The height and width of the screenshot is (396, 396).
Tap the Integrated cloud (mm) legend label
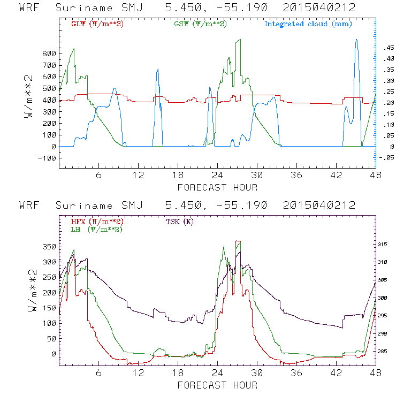(308, 24)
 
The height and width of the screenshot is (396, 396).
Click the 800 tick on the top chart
(49, 55)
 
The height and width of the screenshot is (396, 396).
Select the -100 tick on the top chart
(47, 158)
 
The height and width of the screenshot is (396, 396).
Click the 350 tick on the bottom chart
(49, 247)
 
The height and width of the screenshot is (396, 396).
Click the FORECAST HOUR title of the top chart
(217, 187)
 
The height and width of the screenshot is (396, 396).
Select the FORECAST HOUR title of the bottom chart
(217, 385)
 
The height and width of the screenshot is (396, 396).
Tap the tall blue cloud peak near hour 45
(356, 40)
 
